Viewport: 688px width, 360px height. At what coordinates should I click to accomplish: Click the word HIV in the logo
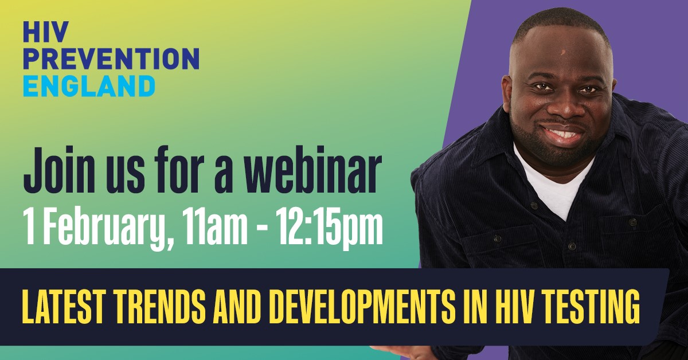(45, 32)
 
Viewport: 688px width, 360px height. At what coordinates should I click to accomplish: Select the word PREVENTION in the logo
(111, 58)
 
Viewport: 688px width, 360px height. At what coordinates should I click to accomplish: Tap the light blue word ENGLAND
(89, 86)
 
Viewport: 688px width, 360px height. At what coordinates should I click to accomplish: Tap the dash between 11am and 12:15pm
(261, 227)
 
